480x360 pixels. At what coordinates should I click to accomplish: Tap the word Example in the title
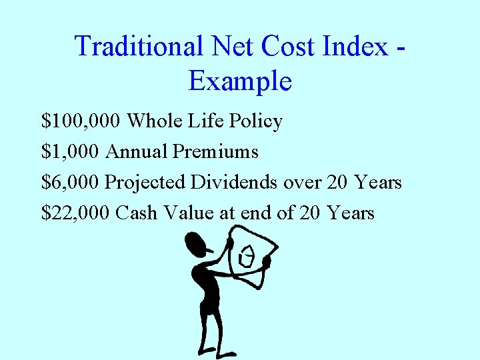coord(240,81)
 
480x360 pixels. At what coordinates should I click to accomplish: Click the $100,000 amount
coord(81,121)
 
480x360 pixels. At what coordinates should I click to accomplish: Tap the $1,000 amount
coord(71,152)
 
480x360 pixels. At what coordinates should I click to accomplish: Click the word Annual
coord(137,152)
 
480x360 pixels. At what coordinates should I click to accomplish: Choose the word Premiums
coord(215,152)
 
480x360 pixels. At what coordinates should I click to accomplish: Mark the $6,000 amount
coord(71,182)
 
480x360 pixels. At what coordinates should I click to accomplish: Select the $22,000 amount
coord(75,213)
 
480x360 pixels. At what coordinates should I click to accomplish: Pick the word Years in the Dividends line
coord(378,182)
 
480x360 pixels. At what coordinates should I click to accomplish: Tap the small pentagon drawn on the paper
coord(246,257)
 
